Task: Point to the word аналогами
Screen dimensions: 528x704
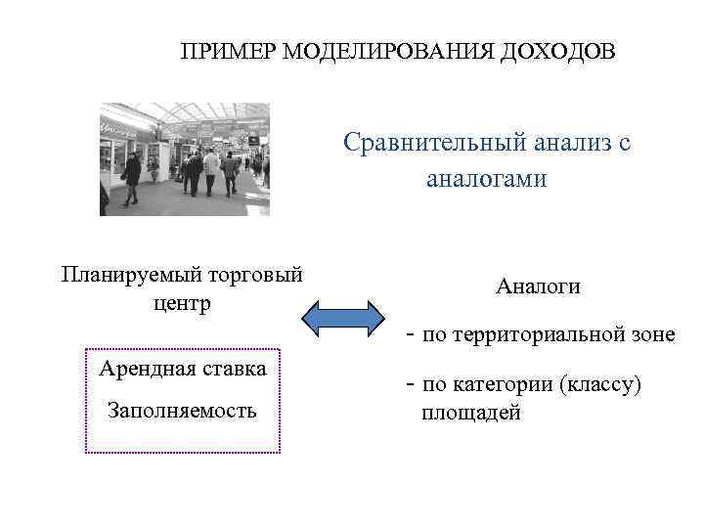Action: click(487, 179)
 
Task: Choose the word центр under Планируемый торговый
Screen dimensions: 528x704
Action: click(181, 304)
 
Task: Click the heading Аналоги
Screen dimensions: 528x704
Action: click(538, 286)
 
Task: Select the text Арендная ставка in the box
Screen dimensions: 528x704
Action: click(183, 369)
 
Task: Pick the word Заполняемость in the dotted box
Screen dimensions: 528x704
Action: click(183, 410)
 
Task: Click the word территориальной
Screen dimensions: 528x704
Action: click(538, 335)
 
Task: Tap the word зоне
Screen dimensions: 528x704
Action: click(651, 335)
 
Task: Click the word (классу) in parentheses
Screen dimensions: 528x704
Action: click(601, 385)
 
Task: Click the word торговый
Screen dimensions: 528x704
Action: click(252, 275)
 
